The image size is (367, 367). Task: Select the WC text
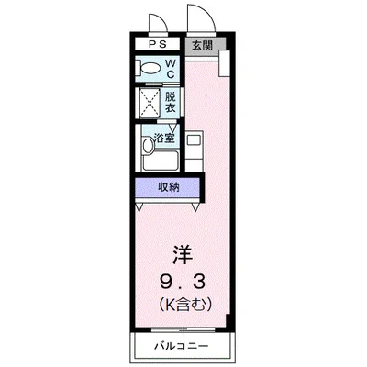coord(170,68)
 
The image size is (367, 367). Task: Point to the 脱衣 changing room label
coord(170,101)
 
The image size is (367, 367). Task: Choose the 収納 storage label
coord(167,187)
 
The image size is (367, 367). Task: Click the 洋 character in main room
coord(183,252)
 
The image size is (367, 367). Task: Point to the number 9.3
coord(183,279)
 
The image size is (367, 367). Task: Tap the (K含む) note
coord(183,303)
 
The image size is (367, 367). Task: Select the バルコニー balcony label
coord(183,346)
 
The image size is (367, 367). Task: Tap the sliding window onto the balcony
coord(183,328)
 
